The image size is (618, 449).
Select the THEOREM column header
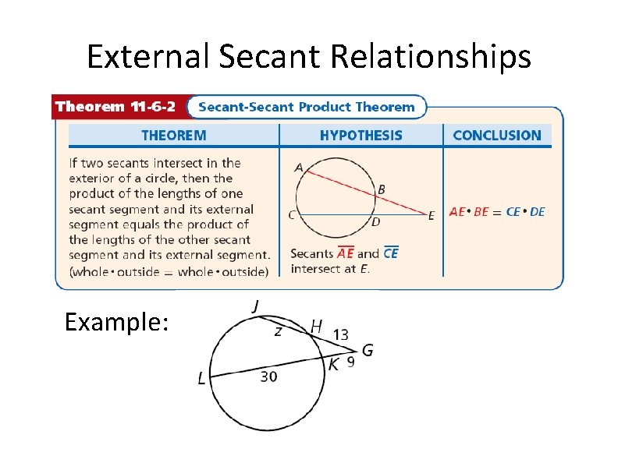pos(173,136)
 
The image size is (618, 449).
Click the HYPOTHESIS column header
pos(360,136)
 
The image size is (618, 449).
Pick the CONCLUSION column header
pos(496,136)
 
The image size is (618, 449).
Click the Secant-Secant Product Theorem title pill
pos(305,107)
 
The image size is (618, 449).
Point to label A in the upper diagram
pos(299,167)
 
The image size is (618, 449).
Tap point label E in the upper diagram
pos(432,216)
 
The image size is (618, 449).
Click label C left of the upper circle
pos(292,215)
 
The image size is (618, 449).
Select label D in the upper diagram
pos(375,223)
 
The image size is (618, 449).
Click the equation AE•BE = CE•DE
pos(497,211)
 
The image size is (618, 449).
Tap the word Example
pos(117,322)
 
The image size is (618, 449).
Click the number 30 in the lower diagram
pos(268,377)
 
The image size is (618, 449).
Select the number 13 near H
pos(340,334)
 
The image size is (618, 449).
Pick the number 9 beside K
pos(350,362)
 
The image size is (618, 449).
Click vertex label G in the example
pos(367,350)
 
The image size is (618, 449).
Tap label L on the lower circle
pos(202,379)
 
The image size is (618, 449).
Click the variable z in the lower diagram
pos(278,331)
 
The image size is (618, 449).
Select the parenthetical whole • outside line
pos(169,271)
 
